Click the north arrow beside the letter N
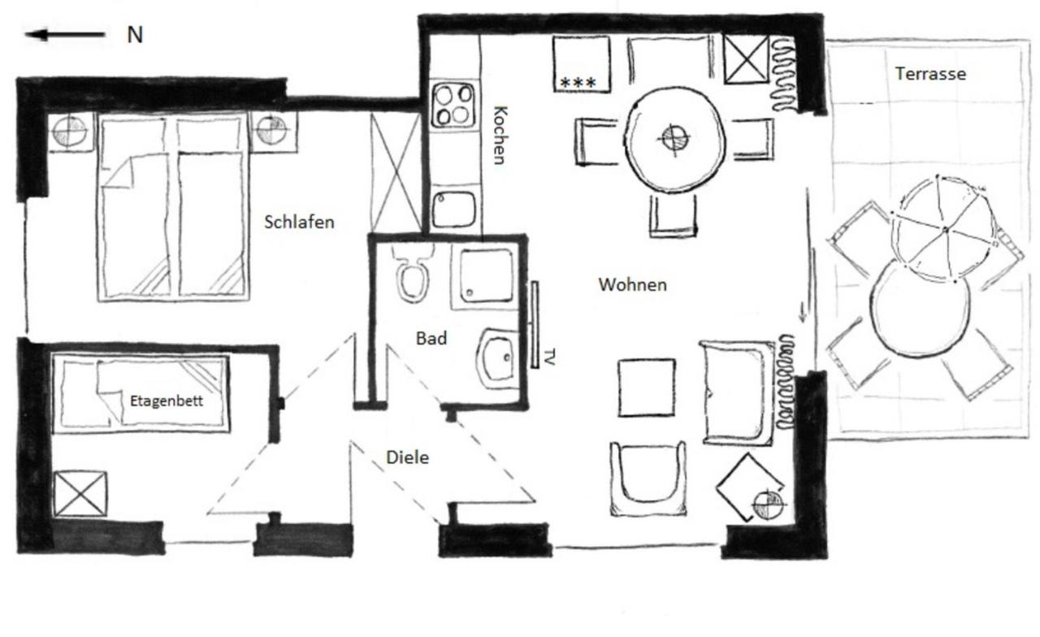coord(65,35)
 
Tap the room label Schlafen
coord(299,222)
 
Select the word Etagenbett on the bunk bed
coord(167,401)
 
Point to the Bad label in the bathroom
coord(431,338)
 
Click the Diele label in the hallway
coord(407,457)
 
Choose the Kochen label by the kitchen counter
coord(500,135)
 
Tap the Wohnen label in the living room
coord(632,284)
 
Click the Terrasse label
coord(930,73)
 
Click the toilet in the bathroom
coord(414,275)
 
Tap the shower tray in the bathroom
coord(486,275)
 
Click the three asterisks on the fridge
coord(578,83)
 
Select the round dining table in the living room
coord(674,138)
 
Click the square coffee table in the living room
coord(646,388)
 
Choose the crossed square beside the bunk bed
coord(80,494)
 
